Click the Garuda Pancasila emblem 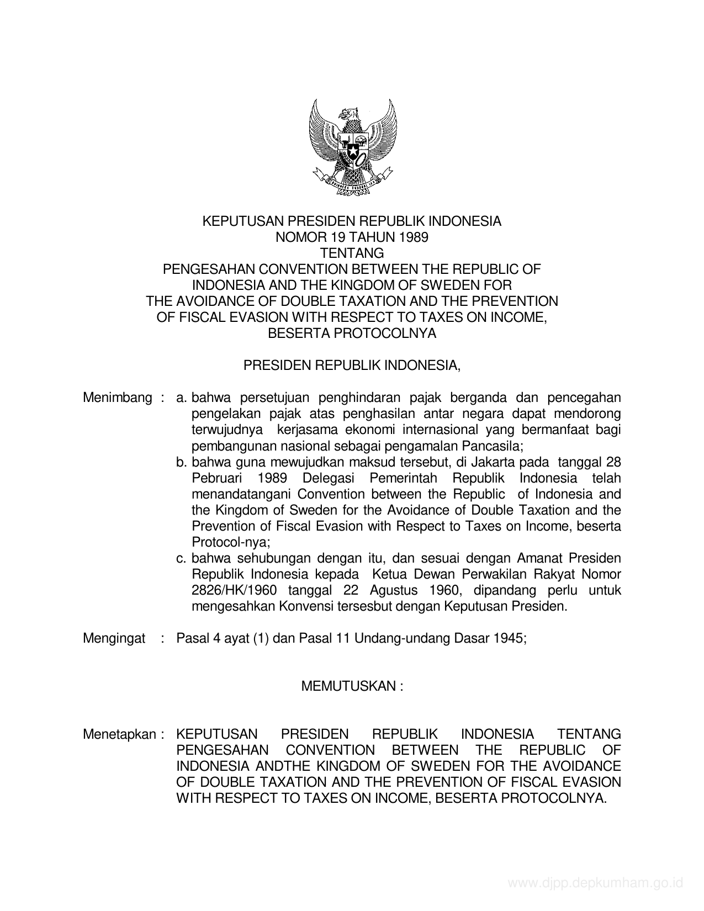click(352, 148)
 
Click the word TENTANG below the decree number click(352, 253)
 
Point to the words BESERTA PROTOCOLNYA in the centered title click(352, 333)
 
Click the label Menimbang click(117, 398)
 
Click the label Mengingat click(114, 638)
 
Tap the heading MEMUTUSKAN click(352, 686)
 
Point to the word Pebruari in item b click(216, 478)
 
